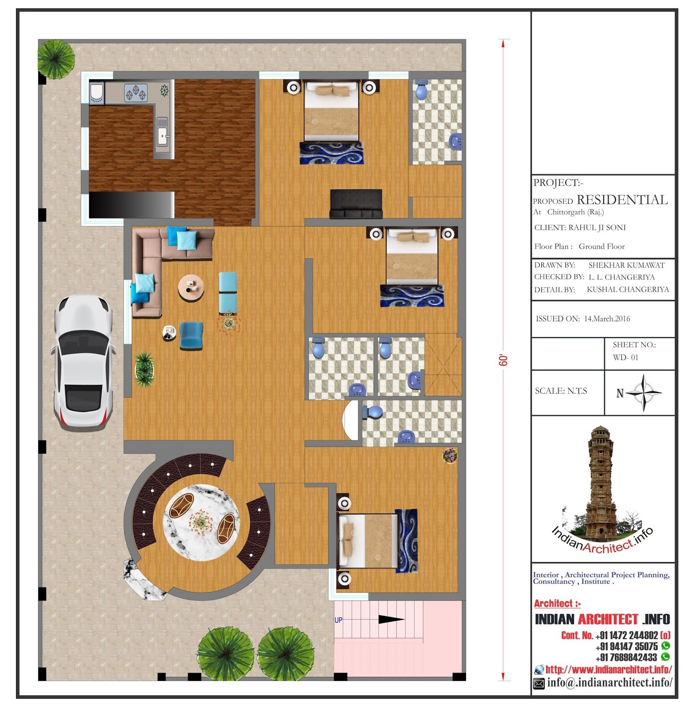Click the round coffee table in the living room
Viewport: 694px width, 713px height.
click(x=191, y=287)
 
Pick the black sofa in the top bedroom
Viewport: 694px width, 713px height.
click(x=356, y=204)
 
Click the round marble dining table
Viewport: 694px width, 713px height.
click(x=201, y=522)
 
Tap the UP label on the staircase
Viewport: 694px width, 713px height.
click(x=339, y=620)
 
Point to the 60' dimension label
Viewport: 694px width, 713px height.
click(x=503, y=360)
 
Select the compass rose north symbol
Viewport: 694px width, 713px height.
click(x=644, y=393)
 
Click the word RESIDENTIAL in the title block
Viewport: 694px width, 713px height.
click(x=622, y=200)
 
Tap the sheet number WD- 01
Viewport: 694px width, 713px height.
click(x=625, y=357)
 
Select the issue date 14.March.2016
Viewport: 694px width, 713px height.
click(x=607, y=319)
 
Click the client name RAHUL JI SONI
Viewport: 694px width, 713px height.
click(x=597, y=227)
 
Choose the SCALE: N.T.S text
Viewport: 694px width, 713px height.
click(x=561, y=391)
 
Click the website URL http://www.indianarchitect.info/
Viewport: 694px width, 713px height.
click(x=609, y=669)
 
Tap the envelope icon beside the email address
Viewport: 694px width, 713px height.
click(x=539, y=683)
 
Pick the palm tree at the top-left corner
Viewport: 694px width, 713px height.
click(x=56, y=58)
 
